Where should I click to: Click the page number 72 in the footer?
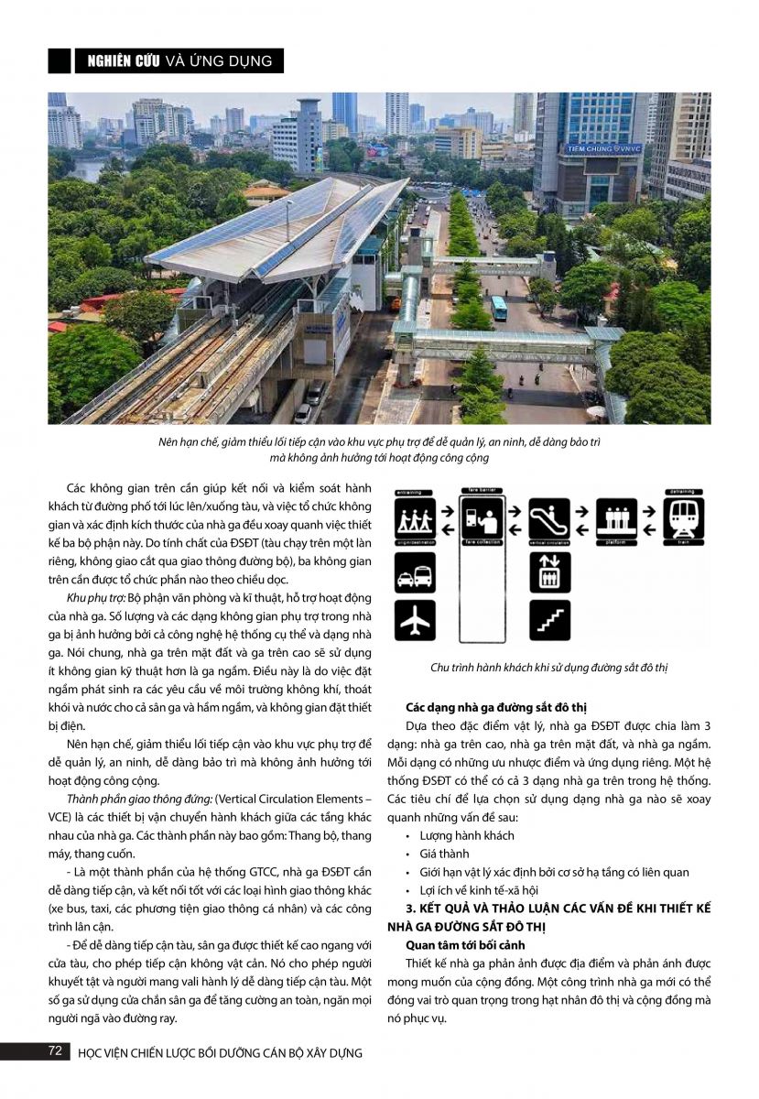54,1051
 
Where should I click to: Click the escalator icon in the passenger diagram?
550,518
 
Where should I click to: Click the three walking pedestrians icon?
416,518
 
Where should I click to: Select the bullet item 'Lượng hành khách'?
467,835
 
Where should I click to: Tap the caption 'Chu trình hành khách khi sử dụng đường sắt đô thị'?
549,668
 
